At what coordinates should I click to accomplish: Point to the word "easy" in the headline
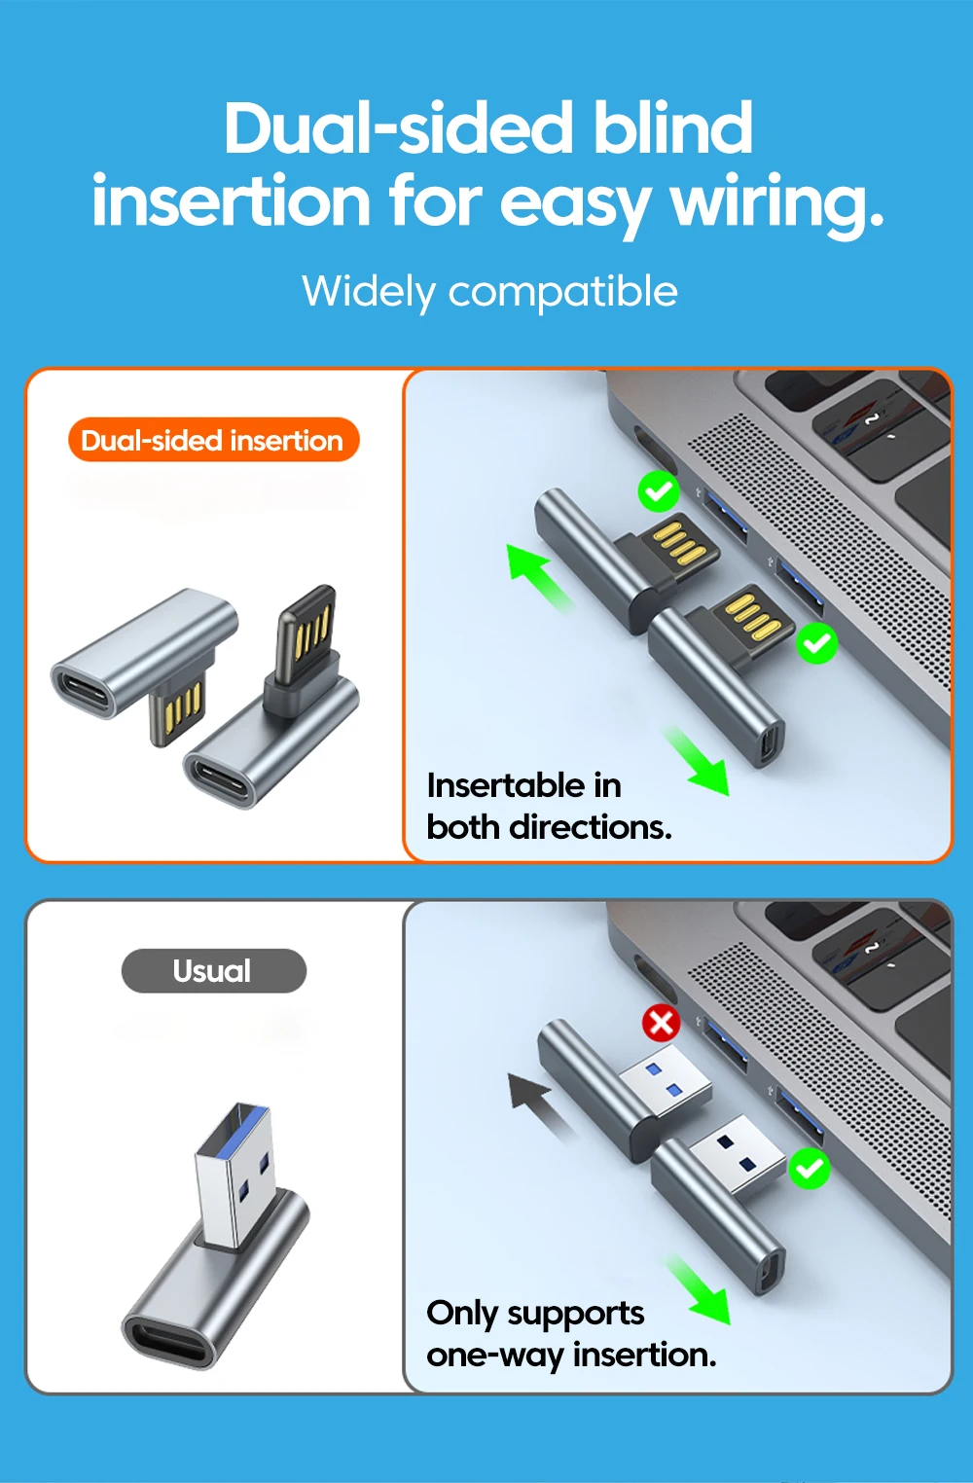pos(574,202)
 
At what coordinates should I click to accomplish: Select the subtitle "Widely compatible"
pos(489,291)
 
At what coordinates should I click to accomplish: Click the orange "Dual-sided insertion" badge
pos(213,441)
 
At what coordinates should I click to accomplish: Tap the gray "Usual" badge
pos(213,971)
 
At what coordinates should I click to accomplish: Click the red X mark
pos(662,1023)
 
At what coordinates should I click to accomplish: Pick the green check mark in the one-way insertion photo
pos(809,1168)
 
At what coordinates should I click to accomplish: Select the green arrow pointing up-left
pos(540,577)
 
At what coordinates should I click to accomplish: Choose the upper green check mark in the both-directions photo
pos(659,491)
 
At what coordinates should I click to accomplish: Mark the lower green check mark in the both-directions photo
pos(817,643)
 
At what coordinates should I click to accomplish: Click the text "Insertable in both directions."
pos(548,806)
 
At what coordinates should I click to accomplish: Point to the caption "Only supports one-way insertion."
pos(570,1333)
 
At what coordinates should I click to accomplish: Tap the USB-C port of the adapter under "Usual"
pos(170,1340)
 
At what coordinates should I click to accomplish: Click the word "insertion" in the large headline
pos(232,202)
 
